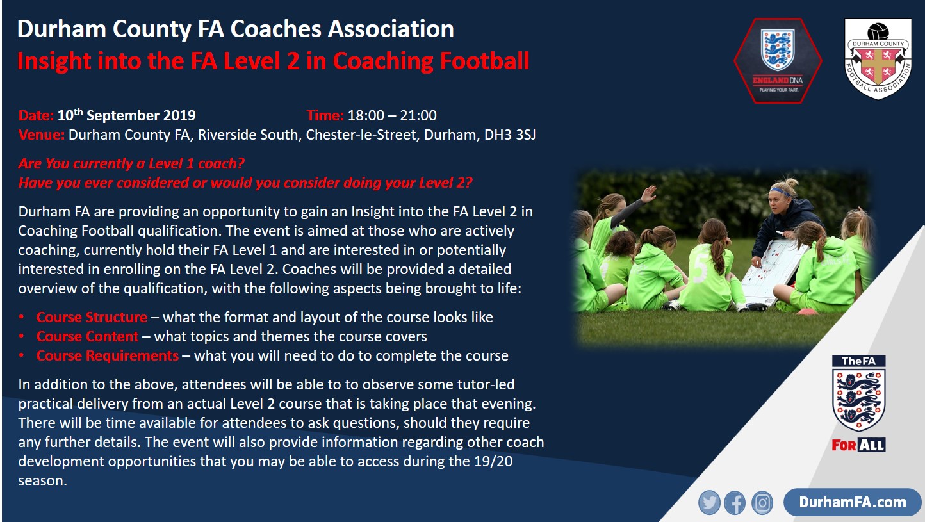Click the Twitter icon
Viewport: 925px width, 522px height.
point(709,503)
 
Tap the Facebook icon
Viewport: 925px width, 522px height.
point(735,503)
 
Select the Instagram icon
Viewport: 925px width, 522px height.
point(762,503)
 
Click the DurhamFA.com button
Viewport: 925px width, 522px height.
point(853,502)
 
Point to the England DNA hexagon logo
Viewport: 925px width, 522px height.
point(778,61)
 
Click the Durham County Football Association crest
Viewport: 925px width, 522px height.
point(878,59)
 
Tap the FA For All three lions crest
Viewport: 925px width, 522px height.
point(858,404)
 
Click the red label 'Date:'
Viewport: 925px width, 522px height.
point(36,116)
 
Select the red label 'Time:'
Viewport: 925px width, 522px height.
point(325,116)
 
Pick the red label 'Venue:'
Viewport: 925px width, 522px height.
point(41,135)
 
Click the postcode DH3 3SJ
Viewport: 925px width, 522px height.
point(510,135)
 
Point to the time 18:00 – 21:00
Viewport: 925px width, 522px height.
point(392,116)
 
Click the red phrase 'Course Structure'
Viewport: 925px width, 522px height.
point(92,317)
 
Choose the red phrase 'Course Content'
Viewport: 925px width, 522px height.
point(88,336)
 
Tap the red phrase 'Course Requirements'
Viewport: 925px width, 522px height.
point(108,356)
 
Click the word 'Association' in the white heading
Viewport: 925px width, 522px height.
point(391,29)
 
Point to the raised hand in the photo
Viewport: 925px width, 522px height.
point(649,193)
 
